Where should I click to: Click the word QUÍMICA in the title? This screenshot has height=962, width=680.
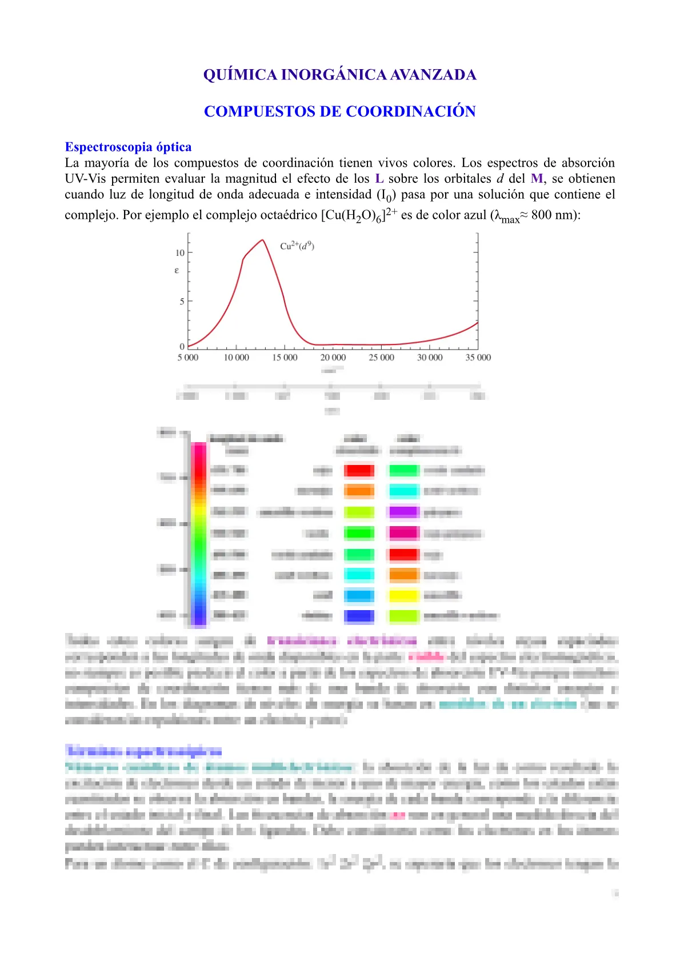[x=240, y=75]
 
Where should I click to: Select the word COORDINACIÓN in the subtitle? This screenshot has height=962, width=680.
[x=411, y=111]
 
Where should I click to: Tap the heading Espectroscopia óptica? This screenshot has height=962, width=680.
[x=128, y=147]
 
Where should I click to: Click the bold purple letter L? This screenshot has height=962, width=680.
[x=379, y=179]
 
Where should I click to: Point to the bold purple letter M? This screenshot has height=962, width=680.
[x=537, y=179]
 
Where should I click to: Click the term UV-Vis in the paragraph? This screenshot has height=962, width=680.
[x=85, y=179]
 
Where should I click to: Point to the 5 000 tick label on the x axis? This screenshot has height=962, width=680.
[x=187, y=358]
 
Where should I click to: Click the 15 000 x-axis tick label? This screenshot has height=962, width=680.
[x=285, y=358]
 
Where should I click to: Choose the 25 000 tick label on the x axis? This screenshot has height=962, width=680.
[x=381, y=358]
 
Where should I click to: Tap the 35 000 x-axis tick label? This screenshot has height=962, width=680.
[x=478, y=358]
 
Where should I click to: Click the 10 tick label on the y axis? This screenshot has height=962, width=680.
[x=180, y=252]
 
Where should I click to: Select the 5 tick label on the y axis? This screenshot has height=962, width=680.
[x=182, y=301]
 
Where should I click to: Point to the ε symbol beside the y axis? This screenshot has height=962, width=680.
[x=177, y=270]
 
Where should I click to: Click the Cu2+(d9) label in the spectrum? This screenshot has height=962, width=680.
[x=297, y=246]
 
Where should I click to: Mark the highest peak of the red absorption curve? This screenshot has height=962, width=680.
[x=263, y=240]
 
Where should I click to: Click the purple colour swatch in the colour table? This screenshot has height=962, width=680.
[x=404, y=512]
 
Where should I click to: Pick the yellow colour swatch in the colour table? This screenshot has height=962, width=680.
[x=404, y=596]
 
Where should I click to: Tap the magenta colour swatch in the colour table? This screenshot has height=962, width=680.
[x=404, y=533]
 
